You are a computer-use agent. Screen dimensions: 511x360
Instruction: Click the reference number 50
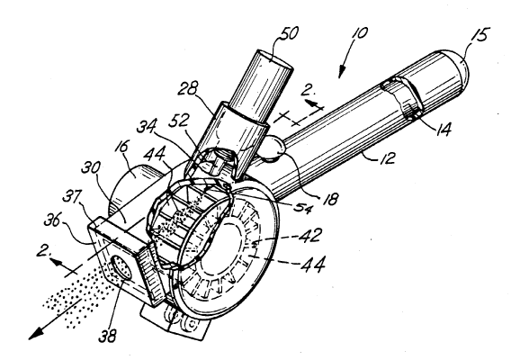coord(288,33)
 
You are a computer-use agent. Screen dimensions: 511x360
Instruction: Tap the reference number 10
coord(360,33)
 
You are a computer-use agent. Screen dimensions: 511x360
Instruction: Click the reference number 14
coord(444,129)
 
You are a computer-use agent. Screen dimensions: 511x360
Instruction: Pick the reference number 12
coord(387,157)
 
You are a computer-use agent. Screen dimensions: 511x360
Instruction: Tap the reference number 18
coord(330,199)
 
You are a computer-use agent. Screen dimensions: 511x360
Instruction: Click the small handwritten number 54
coord(303,206)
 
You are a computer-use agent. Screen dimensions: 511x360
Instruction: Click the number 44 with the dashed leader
coord(312,264)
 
